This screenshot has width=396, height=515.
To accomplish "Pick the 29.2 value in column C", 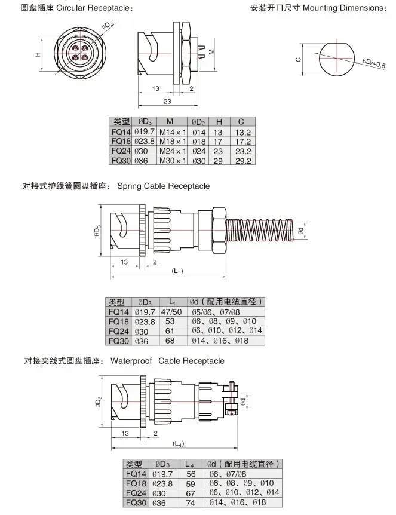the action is coord(244,160).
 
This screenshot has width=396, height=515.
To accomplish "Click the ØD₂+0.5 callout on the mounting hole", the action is coord(374,63).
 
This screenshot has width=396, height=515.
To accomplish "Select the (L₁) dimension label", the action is coord(177,271).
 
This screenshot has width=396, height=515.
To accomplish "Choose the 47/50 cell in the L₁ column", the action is coord(173,312).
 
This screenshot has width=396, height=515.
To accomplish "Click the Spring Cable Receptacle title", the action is coord(163,186).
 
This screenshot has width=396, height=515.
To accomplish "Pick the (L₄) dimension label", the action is coord(178,443).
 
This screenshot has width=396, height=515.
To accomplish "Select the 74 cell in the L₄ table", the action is coord(189,503).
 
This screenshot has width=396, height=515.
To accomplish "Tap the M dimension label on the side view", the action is coord(211,52).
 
